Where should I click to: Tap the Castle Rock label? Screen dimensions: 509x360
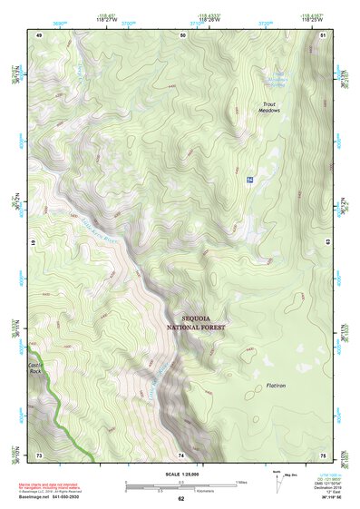point(35,367)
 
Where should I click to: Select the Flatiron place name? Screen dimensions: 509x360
point(276,386)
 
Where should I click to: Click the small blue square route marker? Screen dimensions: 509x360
point(248,181)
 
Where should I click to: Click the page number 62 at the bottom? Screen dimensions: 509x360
point(180,498)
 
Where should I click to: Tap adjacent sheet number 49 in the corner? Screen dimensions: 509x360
point(39,34)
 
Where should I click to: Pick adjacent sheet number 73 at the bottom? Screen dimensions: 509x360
point(39,454)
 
